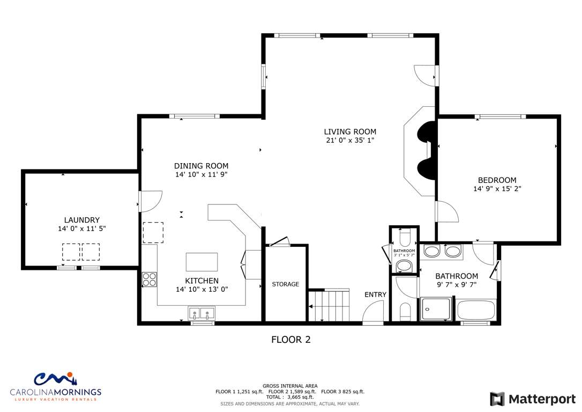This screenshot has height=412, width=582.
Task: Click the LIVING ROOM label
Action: click(x=350, y=131)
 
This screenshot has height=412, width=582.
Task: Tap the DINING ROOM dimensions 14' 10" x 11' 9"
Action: click(x=201, y=174)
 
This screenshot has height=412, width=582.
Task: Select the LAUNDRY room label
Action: click(x=81, y=220)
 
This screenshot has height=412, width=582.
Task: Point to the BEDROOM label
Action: click(x=497, y=180)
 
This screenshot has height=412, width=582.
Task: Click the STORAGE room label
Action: click(x=286, y=284)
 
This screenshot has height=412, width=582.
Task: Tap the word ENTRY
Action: click(x=375, y=295)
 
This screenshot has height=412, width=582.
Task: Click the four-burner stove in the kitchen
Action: click(x=150, y=279)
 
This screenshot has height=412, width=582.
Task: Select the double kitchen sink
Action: click(x=202, y=313)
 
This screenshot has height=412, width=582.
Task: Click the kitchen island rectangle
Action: click(x=202, y=262)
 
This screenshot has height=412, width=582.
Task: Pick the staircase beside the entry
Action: click(x=329, y=305)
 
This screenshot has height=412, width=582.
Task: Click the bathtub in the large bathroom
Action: click(x=476, y=310)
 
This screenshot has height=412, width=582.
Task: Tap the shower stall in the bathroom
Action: click(x=436, y=308)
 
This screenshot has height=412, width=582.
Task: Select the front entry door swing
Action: click(x=373, y=312)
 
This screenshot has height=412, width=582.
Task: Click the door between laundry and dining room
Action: click(x=151, y=201)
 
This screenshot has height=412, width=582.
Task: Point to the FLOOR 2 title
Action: click(x=291, y=340)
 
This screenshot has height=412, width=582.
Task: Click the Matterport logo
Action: click(x=533, y=399)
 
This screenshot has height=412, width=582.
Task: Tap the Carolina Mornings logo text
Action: click(x=56, y=392)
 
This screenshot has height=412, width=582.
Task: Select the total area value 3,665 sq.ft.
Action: click(x=300, y=397)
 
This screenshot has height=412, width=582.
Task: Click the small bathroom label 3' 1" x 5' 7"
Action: click(x=404, y=255)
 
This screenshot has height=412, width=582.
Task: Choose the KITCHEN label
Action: click(x=202, y=281)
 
